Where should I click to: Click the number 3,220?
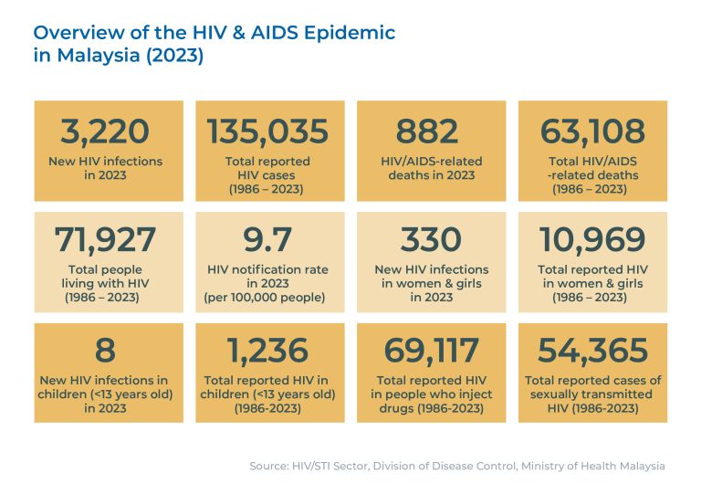point(105,131)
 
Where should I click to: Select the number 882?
point(429,131)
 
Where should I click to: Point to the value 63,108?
point(591,131)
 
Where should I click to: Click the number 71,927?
point(105,240)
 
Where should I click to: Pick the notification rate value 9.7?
point(267,240)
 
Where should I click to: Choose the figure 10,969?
point(591,240)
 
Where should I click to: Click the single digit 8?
point(104,351)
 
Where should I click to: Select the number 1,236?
point(267,351)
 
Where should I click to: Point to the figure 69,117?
point(430,351)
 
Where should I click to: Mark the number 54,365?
point(591,351)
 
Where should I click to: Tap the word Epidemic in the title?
point(346,33)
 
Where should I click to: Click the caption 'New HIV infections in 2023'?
point(105,168)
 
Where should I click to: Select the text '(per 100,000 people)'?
point(267,299)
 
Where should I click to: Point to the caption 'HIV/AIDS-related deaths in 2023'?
point(430,168)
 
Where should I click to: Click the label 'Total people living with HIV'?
point(105,277)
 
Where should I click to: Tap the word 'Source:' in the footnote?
point(271,466)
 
